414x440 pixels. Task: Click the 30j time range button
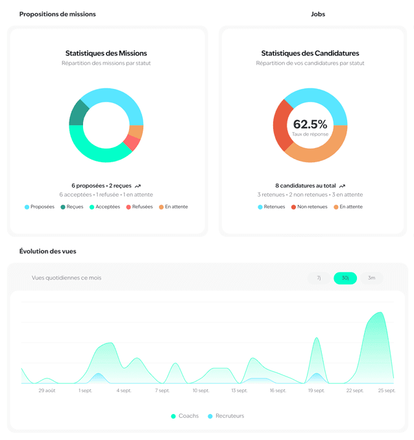(x=345, y=278)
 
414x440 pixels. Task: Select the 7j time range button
(x=319, y=278)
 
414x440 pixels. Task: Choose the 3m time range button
(x=371, y=278)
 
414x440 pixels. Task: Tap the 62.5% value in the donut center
(x=310, y=124)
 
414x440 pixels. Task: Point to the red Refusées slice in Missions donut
(x=132, y=142)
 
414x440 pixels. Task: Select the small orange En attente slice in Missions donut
(x=136, y=131)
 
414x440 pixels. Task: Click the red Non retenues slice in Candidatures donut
(x=281, y=125)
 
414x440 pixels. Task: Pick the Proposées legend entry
(x=40, y=207)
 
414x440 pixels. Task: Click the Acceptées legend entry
(x=104, y=207)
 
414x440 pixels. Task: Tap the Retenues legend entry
(x=271, y=207)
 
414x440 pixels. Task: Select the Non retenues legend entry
(x=310, y=207)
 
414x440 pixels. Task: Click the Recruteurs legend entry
(x=226, y=416)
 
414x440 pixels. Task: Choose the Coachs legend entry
(x=185, y=416)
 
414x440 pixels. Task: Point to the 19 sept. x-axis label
(x=316, y=391)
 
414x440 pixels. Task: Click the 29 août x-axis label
(x=47, y=391)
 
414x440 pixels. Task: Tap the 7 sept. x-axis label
(x=162, y=391)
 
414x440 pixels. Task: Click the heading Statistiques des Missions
(x=106, y=53)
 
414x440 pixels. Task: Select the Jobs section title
(x=318, y=14)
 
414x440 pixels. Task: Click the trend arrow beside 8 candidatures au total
(x=342, y=186)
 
